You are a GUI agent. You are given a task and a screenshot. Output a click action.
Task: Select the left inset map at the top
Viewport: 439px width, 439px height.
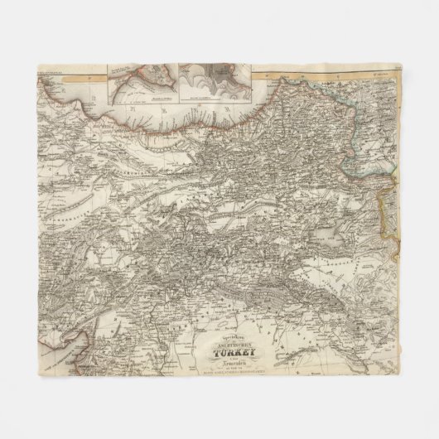[142, 80]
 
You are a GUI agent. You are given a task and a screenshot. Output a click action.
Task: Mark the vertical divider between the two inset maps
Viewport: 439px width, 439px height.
[178, 80]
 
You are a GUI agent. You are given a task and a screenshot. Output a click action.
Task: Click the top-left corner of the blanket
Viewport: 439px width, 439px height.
[39, 64]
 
